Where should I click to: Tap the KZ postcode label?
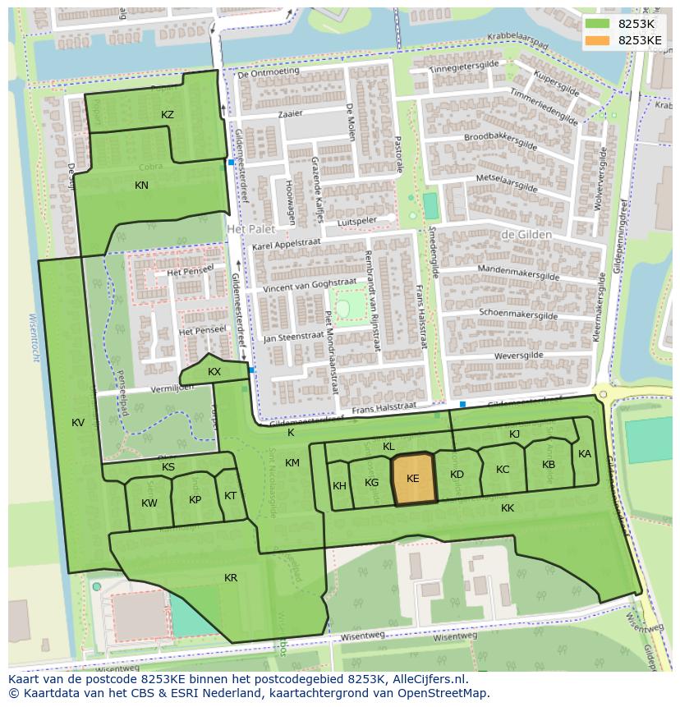[168, 115]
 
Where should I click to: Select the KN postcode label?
[141, 186]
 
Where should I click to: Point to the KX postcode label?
[214, 372]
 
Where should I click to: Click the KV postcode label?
[78, 423]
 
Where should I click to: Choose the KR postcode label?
[231, 578]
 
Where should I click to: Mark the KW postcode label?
[149, 503]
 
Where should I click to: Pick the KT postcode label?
[230, 496]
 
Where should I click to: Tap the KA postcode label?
[585, 454]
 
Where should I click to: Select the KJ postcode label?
[515, 434]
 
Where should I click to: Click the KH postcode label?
[339, 486]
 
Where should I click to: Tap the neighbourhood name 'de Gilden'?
[526, 235]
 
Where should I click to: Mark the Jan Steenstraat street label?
[293, 336]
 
